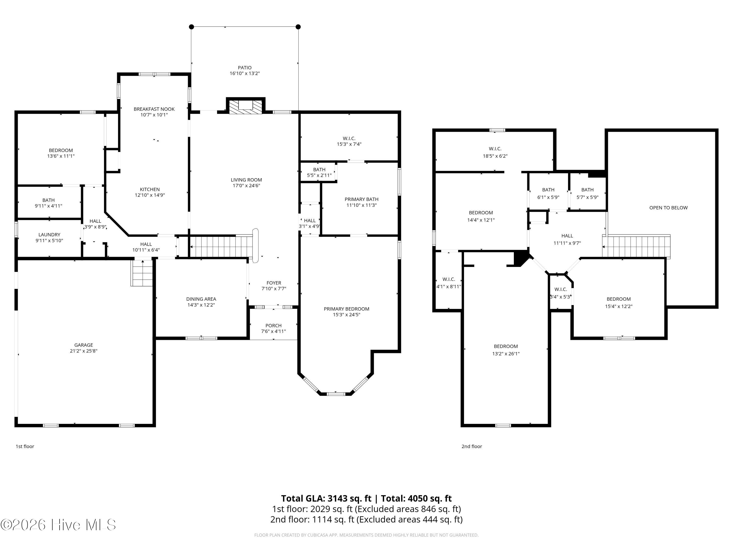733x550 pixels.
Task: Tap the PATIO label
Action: [245, 68]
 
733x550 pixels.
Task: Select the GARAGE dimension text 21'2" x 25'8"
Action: [84, 351]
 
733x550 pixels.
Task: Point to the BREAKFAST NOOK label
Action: [154, 109]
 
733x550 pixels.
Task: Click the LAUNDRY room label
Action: [49, 235]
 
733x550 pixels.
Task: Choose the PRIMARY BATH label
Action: [362, 199]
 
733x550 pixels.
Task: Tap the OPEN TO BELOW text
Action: [668, 208]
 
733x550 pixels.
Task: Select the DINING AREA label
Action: [201, 299]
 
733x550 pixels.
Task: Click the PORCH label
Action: [273, 326]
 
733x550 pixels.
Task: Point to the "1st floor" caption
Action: [25, 446]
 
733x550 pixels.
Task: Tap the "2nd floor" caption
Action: [472, 446]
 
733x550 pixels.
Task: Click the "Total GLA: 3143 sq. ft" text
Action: [326, 498]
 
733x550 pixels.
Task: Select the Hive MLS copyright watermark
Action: [58, 525]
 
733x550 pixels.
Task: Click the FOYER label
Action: [274, 283]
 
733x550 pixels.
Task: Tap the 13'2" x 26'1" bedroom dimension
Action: [506, 354]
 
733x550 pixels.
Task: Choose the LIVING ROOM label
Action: [246, 180]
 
